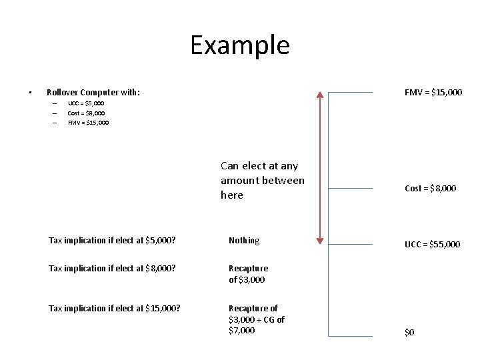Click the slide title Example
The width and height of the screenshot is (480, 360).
(240, 45)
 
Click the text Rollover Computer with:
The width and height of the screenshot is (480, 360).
(93, 92)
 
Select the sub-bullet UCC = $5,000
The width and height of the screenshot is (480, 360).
(86, 103)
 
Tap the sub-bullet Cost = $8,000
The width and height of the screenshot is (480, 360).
(86, 113)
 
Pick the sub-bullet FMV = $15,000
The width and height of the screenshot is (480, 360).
(88, 123)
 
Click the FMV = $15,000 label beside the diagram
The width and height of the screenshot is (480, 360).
(433, 92)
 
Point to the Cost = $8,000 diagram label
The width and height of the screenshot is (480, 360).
(431, 189)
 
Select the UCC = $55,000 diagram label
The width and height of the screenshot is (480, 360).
(432, 245)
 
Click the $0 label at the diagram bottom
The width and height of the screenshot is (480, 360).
(409, 333)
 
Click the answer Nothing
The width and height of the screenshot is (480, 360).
(244, 240)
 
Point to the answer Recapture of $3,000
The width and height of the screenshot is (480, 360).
(248, 274)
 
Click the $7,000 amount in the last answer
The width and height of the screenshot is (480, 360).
(241, 331)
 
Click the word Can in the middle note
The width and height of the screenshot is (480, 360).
(230, 166)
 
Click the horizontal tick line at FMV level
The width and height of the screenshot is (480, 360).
(351, 92)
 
